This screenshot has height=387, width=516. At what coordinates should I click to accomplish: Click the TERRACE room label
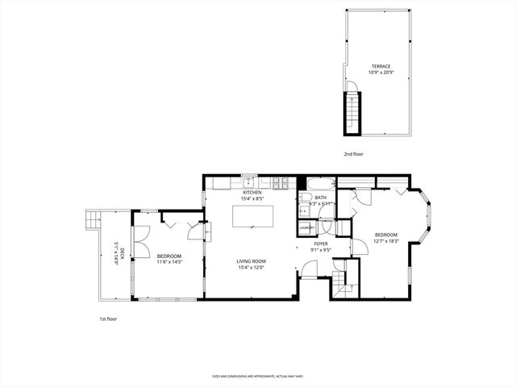[381, 66]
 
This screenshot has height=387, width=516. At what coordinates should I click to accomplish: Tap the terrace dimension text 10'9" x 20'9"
[381, 73]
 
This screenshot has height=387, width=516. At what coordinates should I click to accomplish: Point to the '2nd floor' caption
[353, 153]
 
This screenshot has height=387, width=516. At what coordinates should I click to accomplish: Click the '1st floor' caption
[107, 319]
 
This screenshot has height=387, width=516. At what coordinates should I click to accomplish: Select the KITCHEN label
[252, 193]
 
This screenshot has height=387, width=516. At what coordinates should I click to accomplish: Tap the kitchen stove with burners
[281, 182]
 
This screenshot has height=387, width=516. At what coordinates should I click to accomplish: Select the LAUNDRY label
[306, 227]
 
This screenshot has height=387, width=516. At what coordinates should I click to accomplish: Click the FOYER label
[321, 243]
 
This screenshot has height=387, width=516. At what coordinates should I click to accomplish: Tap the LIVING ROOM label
[252, 261]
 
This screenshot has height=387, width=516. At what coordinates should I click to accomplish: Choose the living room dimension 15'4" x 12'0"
[252, 268]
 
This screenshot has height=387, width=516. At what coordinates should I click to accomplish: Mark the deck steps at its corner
[91, 218]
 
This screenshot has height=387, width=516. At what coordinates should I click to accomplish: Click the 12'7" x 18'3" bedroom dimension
[387, 241]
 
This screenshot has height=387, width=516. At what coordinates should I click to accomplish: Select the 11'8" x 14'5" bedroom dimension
[169, 261]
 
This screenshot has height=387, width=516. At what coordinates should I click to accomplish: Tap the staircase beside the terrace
[351, 113]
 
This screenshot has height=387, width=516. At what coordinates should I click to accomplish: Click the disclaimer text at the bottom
[257, 376]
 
